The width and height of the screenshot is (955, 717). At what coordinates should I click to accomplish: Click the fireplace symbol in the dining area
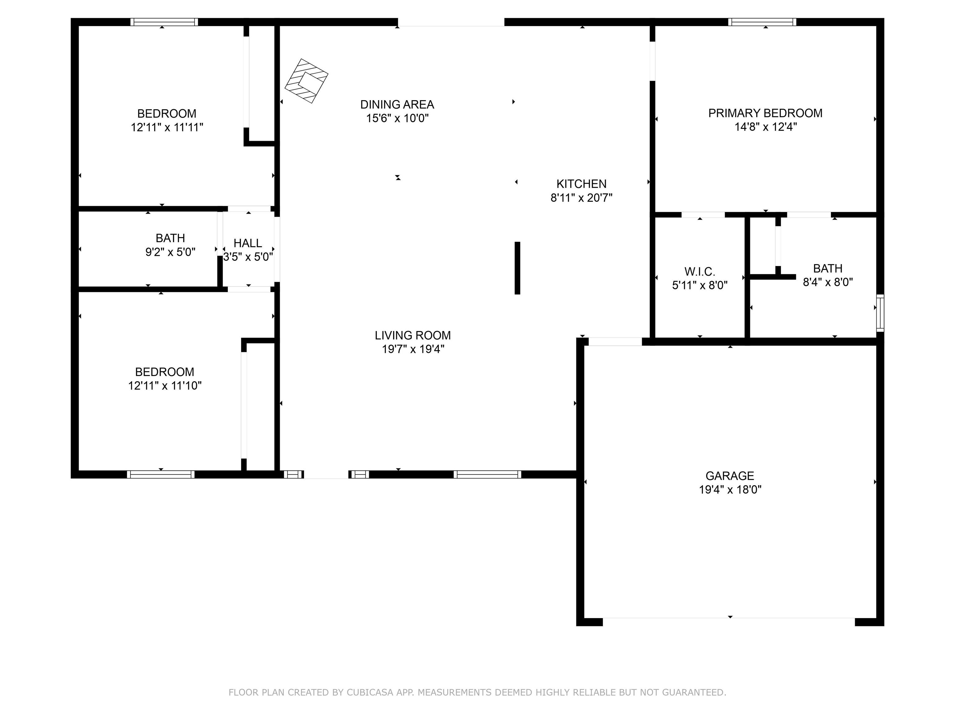(x=307, y=81)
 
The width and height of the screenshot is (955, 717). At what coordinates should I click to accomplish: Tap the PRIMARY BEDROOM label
(x=765, y=113)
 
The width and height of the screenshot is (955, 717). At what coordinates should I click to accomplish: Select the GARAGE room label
(x=730, y=476)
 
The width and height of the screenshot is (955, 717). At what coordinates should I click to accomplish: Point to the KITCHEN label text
(x=581, y=184)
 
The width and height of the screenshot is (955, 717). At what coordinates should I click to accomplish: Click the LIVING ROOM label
(x=413, y=335)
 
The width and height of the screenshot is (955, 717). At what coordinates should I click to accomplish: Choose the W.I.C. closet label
(x=699, y=272)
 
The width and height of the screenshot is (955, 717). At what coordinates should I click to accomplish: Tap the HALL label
(x=248, y=243)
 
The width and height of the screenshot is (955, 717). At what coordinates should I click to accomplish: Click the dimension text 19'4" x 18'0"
(x=730, y=490)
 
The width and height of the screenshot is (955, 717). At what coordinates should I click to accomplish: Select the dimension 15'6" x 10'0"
(x=397, y=119)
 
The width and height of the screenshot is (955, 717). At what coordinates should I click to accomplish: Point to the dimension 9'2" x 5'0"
(x=171, y=252)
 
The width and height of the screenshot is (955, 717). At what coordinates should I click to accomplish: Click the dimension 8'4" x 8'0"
(x=828, y=282)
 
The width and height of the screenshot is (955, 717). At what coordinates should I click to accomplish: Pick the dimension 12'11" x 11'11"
(x=167, y=128)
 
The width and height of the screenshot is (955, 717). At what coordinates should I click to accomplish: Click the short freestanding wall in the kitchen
(x=517, y=268)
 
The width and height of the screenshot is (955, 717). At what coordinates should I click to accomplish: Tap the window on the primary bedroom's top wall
(x=762, y=22)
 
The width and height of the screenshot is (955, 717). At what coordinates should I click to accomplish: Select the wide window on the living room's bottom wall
(x=487, y=474)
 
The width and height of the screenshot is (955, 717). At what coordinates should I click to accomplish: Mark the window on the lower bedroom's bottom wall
(x=161, y=474)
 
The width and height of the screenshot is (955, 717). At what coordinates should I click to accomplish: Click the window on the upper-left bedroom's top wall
(x=164, y=22)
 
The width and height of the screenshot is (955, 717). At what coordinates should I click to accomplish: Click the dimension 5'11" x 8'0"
(x=700, y=286)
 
